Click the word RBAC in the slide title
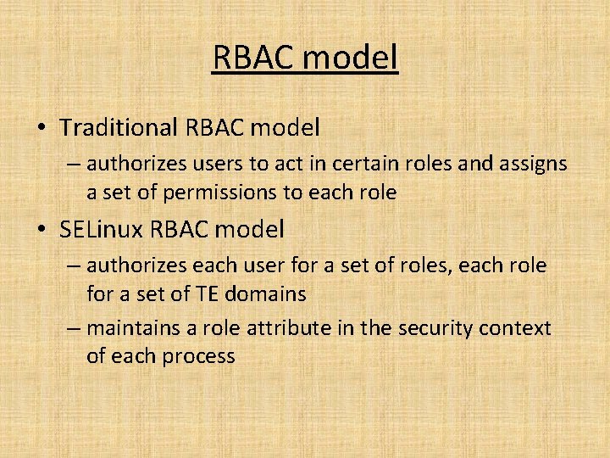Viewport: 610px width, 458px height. (252, 58)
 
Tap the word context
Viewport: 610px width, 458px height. (516, 328)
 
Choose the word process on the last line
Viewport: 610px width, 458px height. (197, 356)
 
